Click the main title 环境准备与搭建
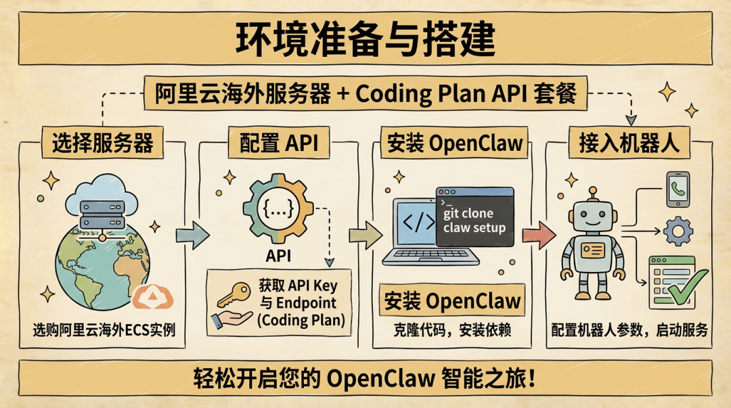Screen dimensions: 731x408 click(x=365, y=39)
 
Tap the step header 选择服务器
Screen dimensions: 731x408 click(x=103, y=143)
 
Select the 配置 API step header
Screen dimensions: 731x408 click(x=279, y=143)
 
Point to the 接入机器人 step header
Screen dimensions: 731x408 click(x=629, y=143)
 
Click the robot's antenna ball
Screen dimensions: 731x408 click(x=592, y=190)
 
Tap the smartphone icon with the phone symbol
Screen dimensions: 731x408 click(x=678, y=189)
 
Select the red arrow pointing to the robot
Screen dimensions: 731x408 click(x=539, y=235)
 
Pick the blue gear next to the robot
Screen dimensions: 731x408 click(x=678, y=231)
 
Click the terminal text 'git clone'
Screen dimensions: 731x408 click(x=468, y=214)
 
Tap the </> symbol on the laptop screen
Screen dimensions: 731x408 click(x=419, y=223)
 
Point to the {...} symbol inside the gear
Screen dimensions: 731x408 click(x=278, y=208)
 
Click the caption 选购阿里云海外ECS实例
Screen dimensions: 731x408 click(x=104, y=330)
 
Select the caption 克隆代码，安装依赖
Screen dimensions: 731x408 click(x=451, y=330)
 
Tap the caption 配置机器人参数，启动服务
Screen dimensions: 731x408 click(x=629, y=330)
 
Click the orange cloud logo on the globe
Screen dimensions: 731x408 click(x=152, y=297)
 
